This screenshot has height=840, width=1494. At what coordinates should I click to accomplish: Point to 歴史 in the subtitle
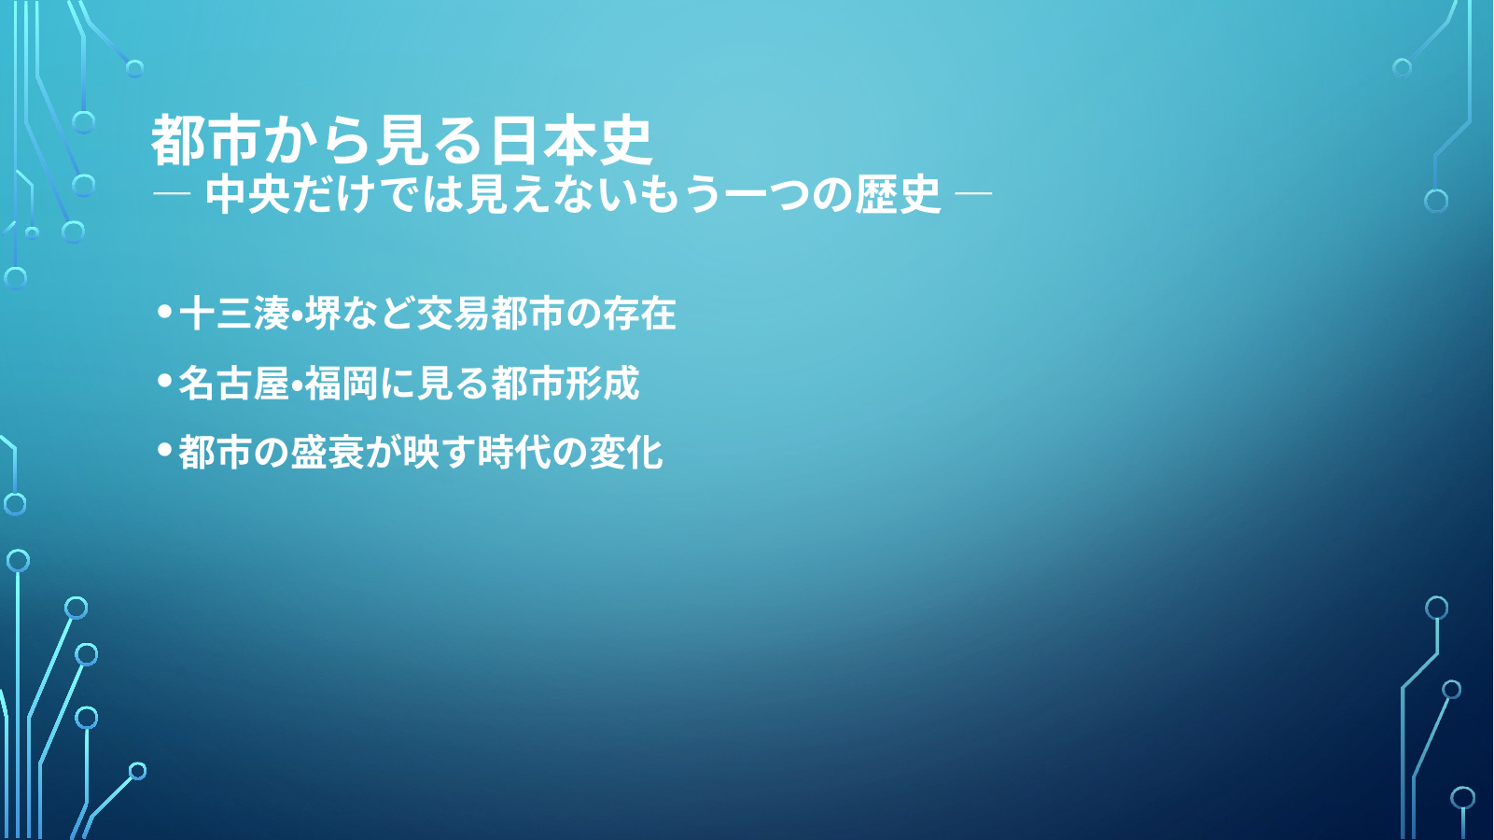(x=899, y=195)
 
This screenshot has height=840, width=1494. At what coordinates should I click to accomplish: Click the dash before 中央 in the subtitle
(x=172, y=194)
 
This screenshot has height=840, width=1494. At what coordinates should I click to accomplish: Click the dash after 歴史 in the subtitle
(x=974, y=194)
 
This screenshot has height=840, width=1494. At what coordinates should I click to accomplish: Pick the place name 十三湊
(x=234, y=313)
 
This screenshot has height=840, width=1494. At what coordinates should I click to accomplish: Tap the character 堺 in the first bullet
(x=323, y=313)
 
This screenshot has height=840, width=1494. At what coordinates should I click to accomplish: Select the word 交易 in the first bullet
(x=453, y=313)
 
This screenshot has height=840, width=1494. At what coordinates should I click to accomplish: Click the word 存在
(x=639, y=313)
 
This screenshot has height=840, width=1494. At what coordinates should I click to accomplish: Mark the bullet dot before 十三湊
(x=165, y=312)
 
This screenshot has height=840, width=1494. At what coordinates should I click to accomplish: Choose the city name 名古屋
(x=233, y=383)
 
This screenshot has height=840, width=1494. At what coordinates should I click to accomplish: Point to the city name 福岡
(x=342, y=383)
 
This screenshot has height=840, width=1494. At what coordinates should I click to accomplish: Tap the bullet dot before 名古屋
(x=165, y=381)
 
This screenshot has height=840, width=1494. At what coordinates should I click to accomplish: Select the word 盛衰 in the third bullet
(x=327, y=452)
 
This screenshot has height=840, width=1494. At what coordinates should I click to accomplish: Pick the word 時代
(x=513, y=452)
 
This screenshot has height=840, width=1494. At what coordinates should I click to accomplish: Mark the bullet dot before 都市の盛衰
(x=165, y=450)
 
